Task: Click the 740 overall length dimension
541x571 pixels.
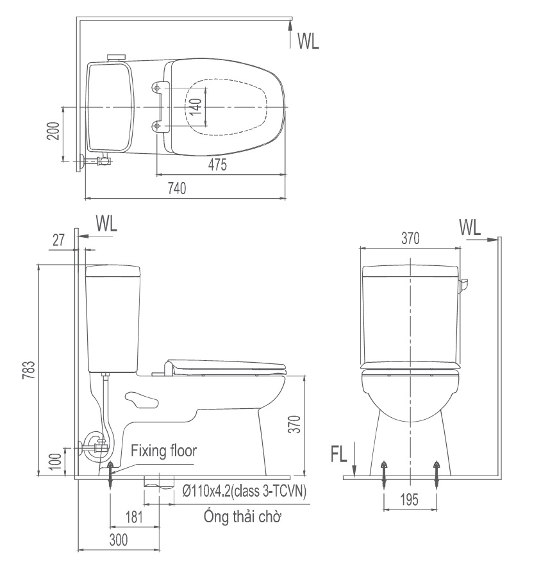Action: pos(177,188)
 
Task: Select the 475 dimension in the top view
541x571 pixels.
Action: pos(217,165)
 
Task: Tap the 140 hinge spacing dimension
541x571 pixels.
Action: pos(196,106)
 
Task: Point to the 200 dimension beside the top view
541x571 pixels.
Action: pos(53,131)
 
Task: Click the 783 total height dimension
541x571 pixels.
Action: pos(29,370)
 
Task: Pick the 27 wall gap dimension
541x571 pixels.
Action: pos(58,240)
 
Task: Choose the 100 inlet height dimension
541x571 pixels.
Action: pos(55,461)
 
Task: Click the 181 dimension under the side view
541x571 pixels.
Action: pos(134,517)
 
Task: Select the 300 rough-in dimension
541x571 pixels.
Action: pos(119,540)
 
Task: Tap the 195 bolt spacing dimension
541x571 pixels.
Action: pos(410,500)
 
